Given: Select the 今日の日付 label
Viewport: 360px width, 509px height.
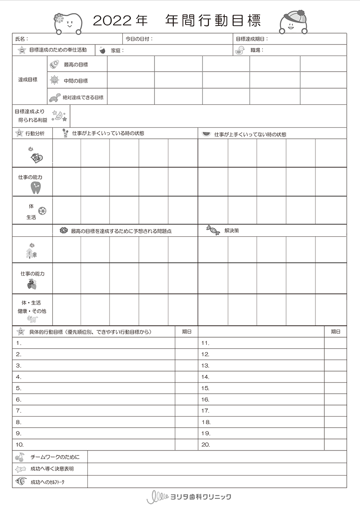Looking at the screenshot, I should point(138,39).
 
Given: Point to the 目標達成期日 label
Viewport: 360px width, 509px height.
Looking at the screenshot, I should point(251,39).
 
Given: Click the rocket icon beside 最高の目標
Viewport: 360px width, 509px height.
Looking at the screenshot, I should point(54,64).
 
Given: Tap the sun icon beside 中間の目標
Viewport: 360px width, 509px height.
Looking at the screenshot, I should point(54,80).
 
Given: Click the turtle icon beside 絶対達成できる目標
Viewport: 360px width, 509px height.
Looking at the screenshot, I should point(54,97).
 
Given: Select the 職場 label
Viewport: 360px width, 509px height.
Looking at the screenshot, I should point(256,50).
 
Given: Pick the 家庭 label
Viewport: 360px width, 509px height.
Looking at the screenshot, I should point(116,50).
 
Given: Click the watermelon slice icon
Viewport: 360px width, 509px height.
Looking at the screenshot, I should point(206,134).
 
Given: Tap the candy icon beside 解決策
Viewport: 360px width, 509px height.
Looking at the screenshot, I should point(213,231).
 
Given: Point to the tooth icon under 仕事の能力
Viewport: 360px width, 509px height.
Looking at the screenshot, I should point(35,187).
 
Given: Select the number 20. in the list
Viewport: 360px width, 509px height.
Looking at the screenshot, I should point(205,445).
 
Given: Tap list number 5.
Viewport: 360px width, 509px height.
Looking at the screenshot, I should point(19,388).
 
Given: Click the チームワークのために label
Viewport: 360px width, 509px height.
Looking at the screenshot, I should point(55,457).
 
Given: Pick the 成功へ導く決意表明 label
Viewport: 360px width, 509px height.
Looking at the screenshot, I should point(52,469).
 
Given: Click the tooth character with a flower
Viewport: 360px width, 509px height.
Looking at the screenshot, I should point(68,23).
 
